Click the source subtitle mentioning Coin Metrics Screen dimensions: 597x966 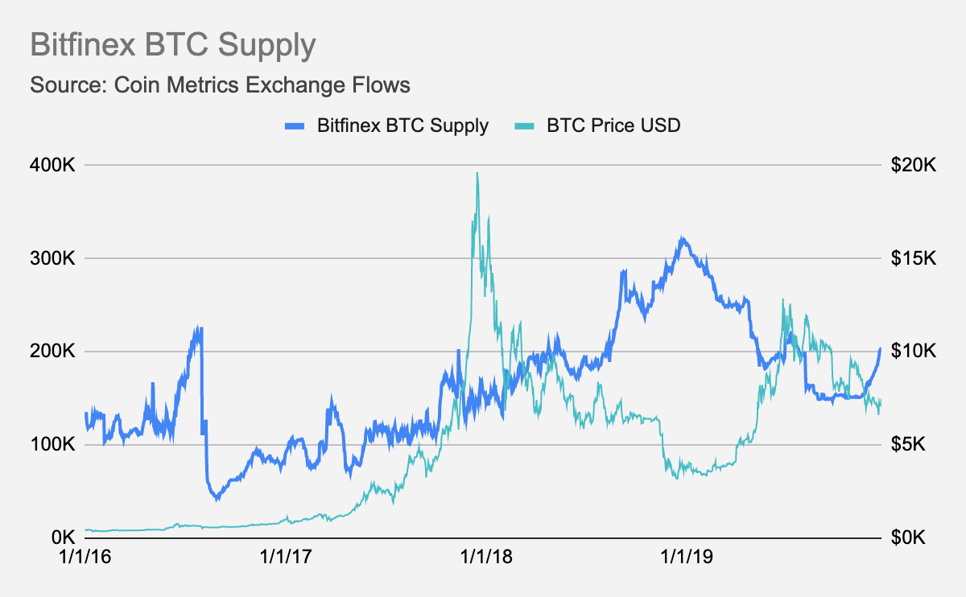[x=220, y=84]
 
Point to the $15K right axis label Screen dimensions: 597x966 [x=914, y=258]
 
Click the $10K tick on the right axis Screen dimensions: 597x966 [x=914, y=352]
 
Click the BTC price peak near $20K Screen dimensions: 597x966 [x=477, y=173]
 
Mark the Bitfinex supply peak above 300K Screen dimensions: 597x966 [x=682, y=238]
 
